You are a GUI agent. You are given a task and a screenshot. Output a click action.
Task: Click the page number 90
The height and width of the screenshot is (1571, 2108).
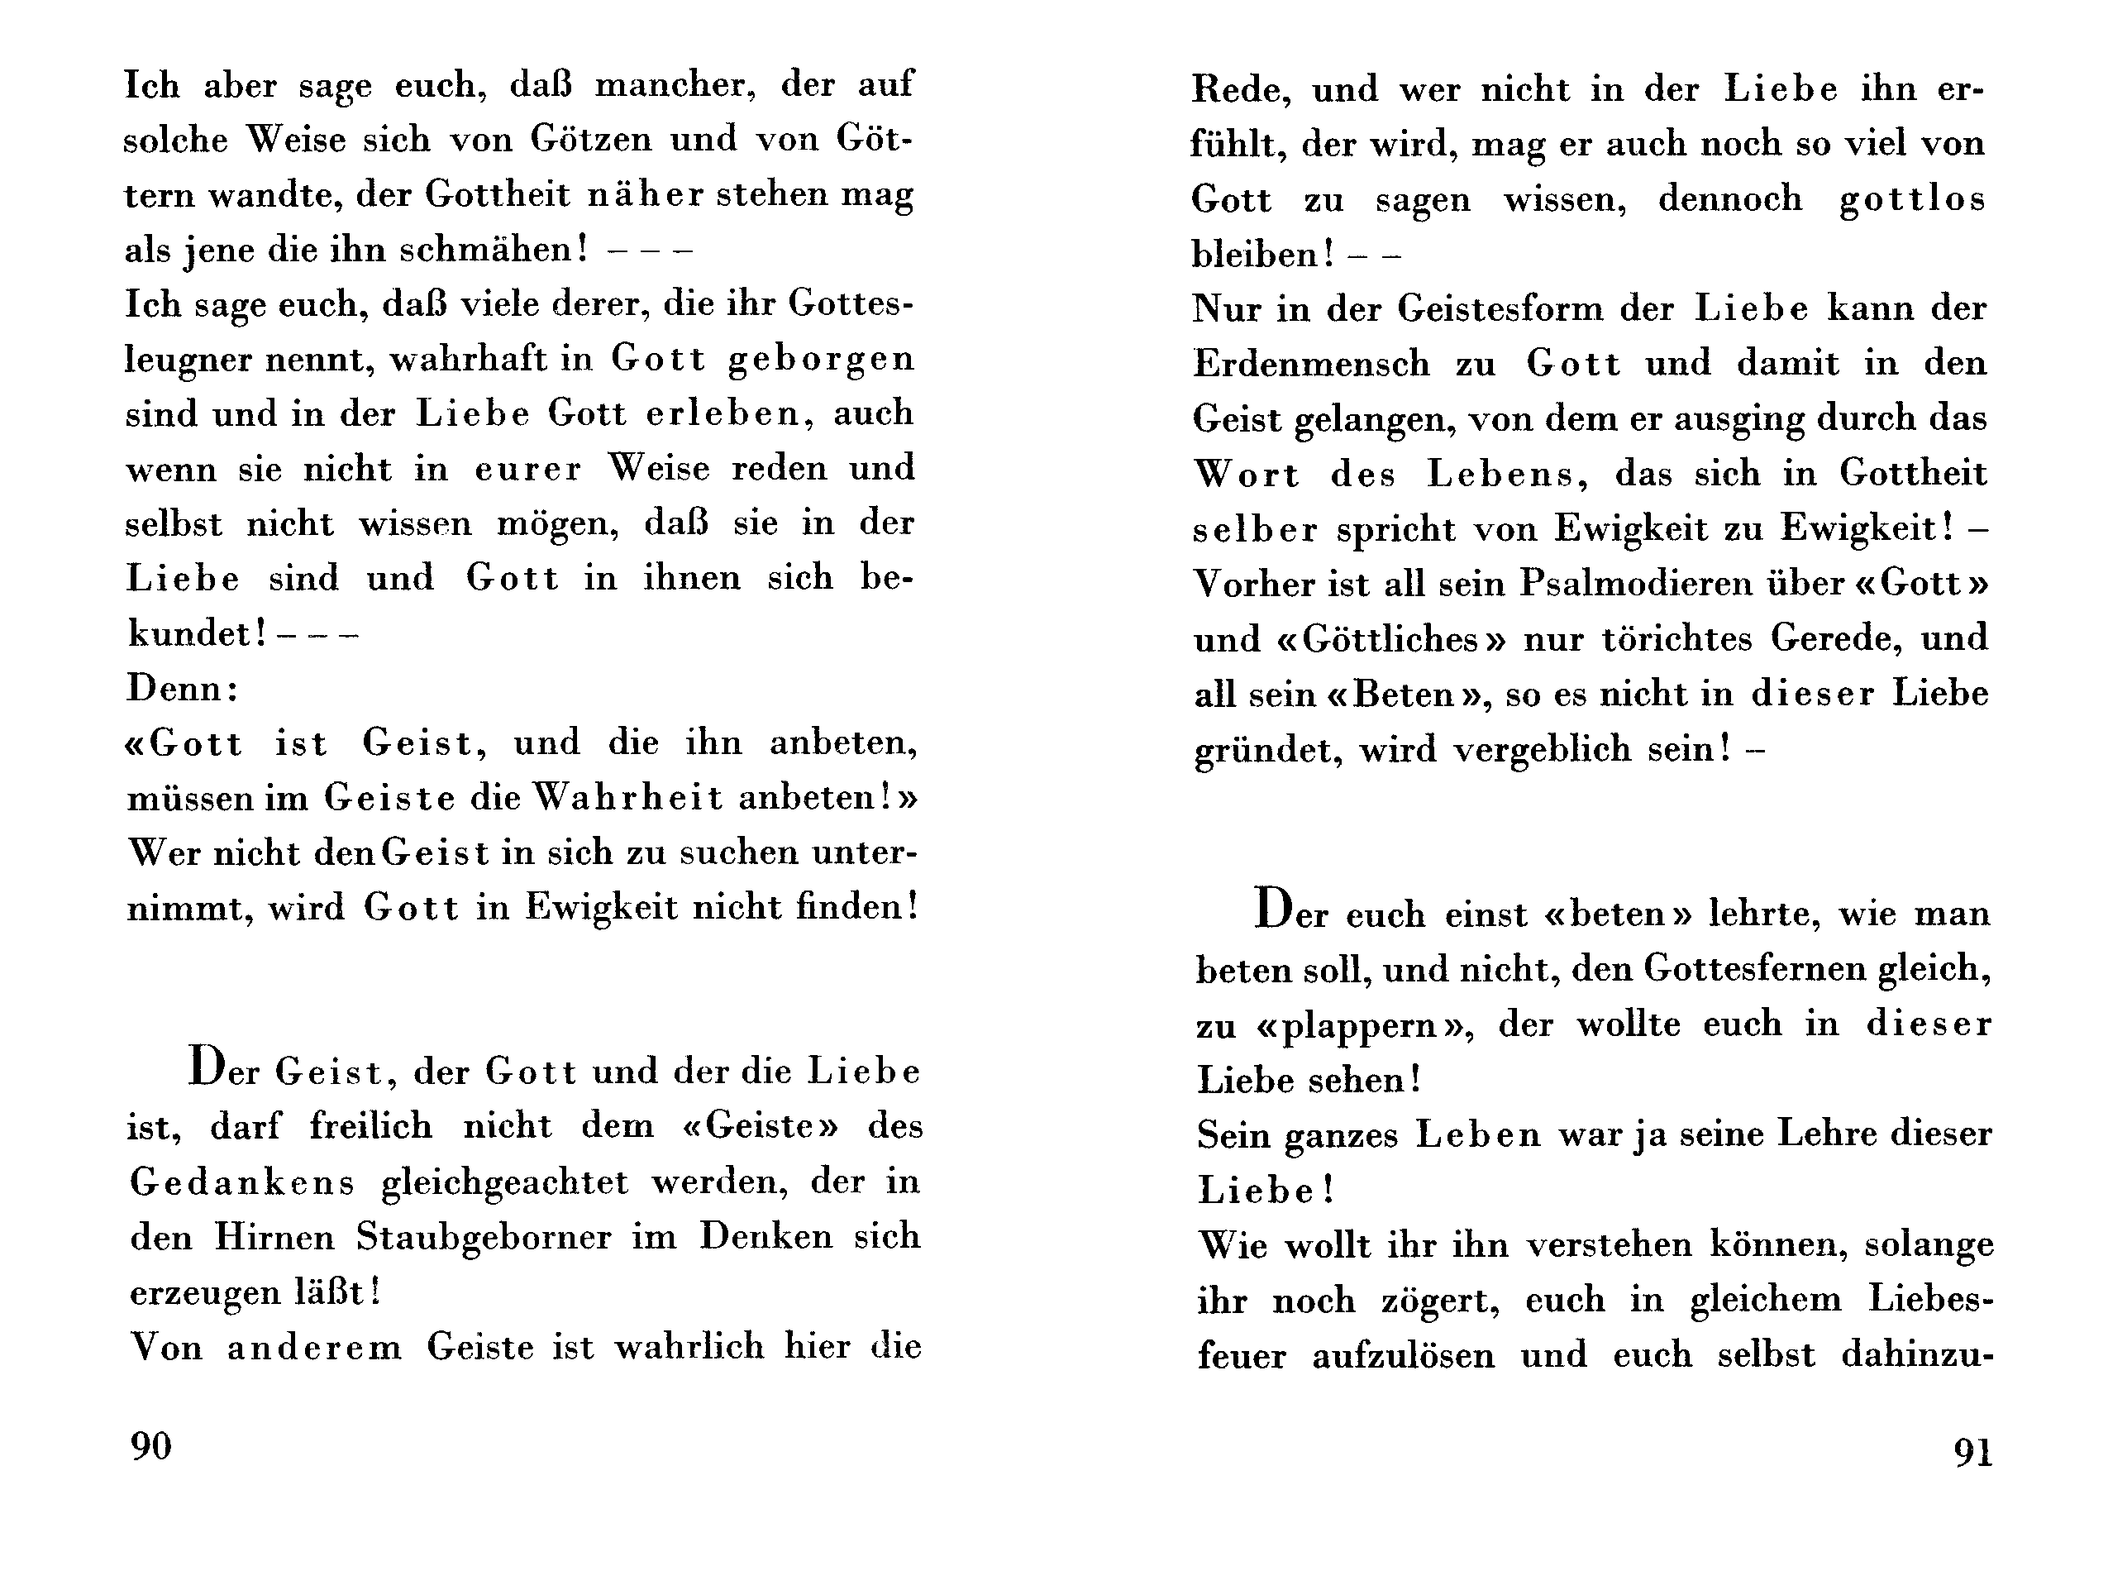[151, 1446]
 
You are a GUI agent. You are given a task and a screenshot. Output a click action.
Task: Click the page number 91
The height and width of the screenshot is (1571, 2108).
[1973, 1453]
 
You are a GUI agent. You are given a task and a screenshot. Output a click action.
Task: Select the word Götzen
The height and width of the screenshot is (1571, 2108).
[591, 140]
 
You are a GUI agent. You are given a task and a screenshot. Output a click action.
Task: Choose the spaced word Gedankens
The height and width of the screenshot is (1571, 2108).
[242, 1183]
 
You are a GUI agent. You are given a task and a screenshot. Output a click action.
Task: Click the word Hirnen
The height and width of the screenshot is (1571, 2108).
[274, 1237]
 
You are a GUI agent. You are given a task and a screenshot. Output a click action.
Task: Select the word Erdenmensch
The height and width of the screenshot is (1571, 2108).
[1311, 364]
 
